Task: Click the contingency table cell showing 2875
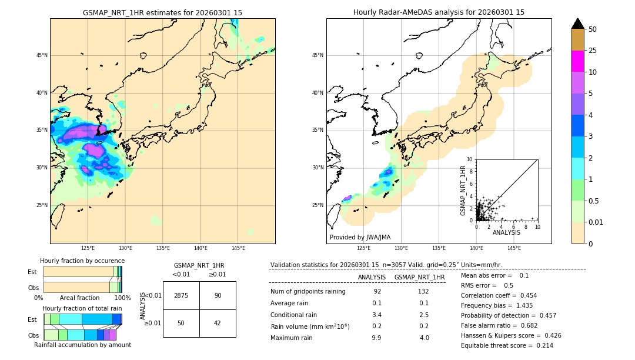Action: [x=181, y=295]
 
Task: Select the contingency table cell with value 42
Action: [x=218, y=323]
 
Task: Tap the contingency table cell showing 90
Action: [x=218, y=295]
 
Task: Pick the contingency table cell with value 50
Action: [x=181, y=323]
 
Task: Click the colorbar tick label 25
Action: [x=593, y=51]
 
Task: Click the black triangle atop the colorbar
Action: [x=578, y=24]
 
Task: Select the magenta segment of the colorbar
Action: [x=578, y=61]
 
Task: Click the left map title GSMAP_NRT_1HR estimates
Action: [x=162, y=12]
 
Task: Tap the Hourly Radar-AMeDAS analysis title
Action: [x=439, y=12]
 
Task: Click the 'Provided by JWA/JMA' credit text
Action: [x=360, y=237]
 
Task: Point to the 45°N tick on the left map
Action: [x=42, y=55]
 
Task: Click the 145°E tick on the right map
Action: [x=514, y=249]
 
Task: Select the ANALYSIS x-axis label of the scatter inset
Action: [x=506, y=233]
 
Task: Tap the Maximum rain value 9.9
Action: [x=376, y=338]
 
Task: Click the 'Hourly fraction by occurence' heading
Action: [x=82, y=261]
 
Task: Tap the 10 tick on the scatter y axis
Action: [x=470, y=159]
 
